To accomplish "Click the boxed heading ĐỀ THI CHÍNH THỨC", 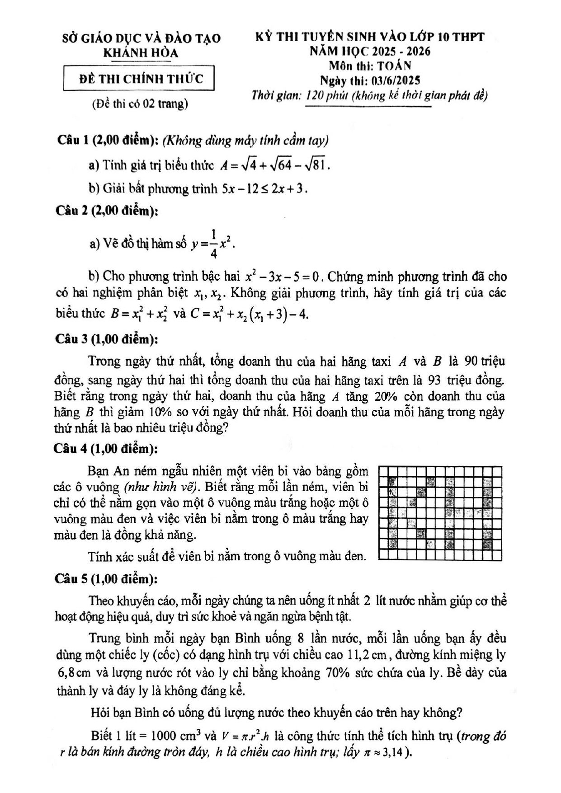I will [141, 78].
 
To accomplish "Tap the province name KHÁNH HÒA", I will [141, 53].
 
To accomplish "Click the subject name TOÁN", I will [394, 66].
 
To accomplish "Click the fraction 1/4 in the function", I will [213, 244].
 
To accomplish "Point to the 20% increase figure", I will [386, 396].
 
